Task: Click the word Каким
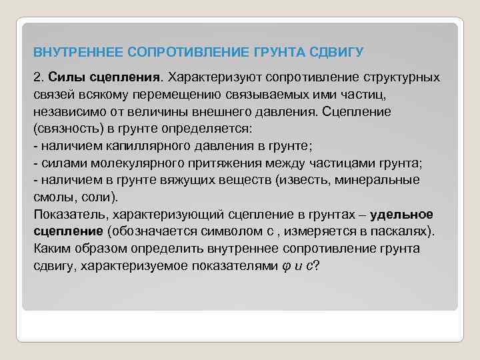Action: click(x=50, y=249)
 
